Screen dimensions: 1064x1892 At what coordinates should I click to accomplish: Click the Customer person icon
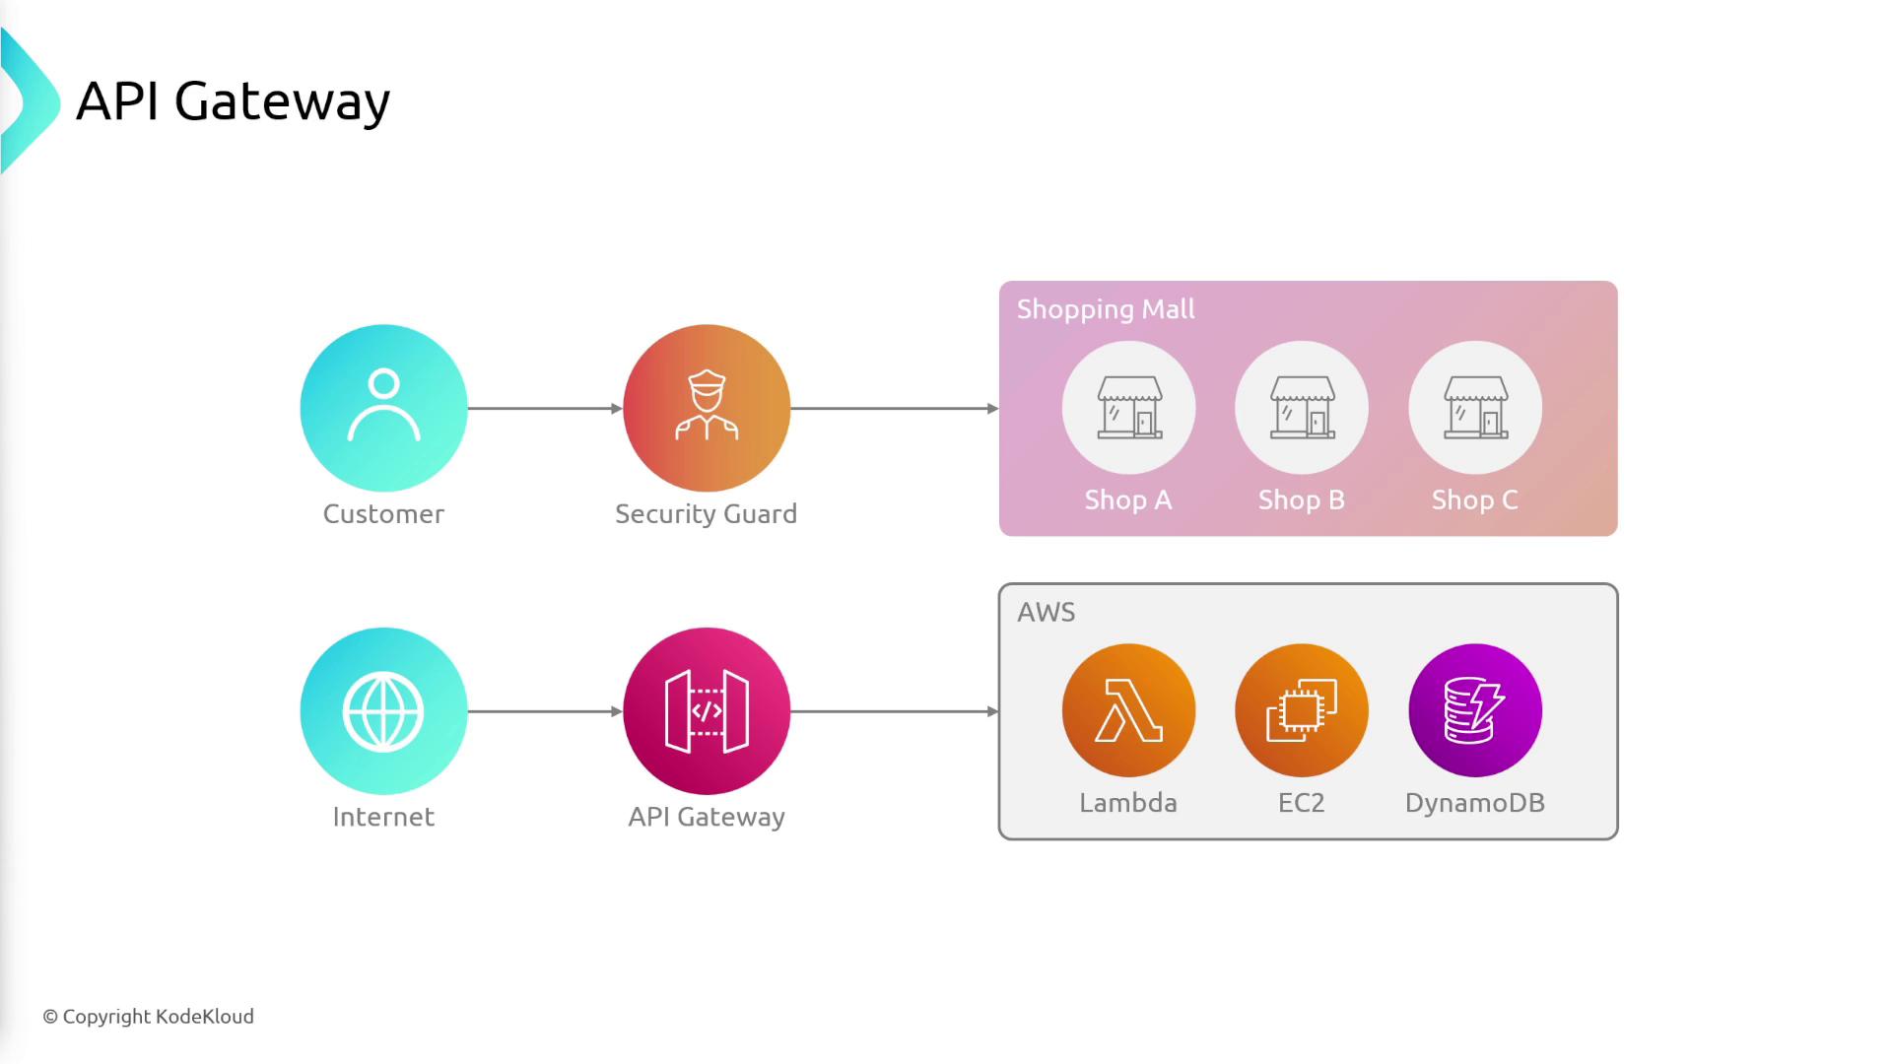click(383, 407)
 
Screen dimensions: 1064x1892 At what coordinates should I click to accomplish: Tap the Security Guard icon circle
click(707, 407)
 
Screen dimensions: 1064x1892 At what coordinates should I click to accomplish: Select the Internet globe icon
click(383, 710)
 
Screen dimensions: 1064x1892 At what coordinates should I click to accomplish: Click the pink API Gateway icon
click(707, 710)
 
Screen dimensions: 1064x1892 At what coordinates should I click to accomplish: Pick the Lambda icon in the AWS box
click(1128, 710)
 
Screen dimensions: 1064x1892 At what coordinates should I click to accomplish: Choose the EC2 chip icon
click(1302, 710)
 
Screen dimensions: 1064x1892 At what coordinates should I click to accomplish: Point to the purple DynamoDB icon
click(1475, 710)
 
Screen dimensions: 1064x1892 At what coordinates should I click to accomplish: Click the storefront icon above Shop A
click(1129, 407)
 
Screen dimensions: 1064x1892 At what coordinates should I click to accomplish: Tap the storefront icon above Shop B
click(1302, 407)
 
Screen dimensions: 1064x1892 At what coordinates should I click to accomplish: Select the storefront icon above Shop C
click(1475, 407)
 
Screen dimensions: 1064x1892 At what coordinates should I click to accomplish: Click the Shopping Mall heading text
click(1106, 309)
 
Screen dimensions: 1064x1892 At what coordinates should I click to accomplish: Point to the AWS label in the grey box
click(1047, 612)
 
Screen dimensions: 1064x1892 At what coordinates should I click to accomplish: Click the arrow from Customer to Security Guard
click(545, 408)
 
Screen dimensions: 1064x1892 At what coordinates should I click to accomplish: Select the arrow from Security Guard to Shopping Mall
click(894, 408)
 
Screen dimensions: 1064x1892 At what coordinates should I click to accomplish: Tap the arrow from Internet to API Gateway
click(545, 711)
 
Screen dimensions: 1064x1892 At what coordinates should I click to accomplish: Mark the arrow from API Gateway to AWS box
click(894, 711)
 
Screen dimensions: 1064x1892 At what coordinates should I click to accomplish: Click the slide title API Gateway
click(234, 101)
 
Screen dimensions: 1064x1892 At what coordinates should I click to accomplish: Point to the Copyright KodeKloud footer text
click(149, 1017)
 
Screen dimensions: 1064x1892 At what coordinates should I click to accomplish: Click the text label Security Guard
click(707, 514)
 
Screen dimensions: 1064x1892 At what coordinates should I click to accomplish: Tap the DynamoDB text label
click(1475, 803)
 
